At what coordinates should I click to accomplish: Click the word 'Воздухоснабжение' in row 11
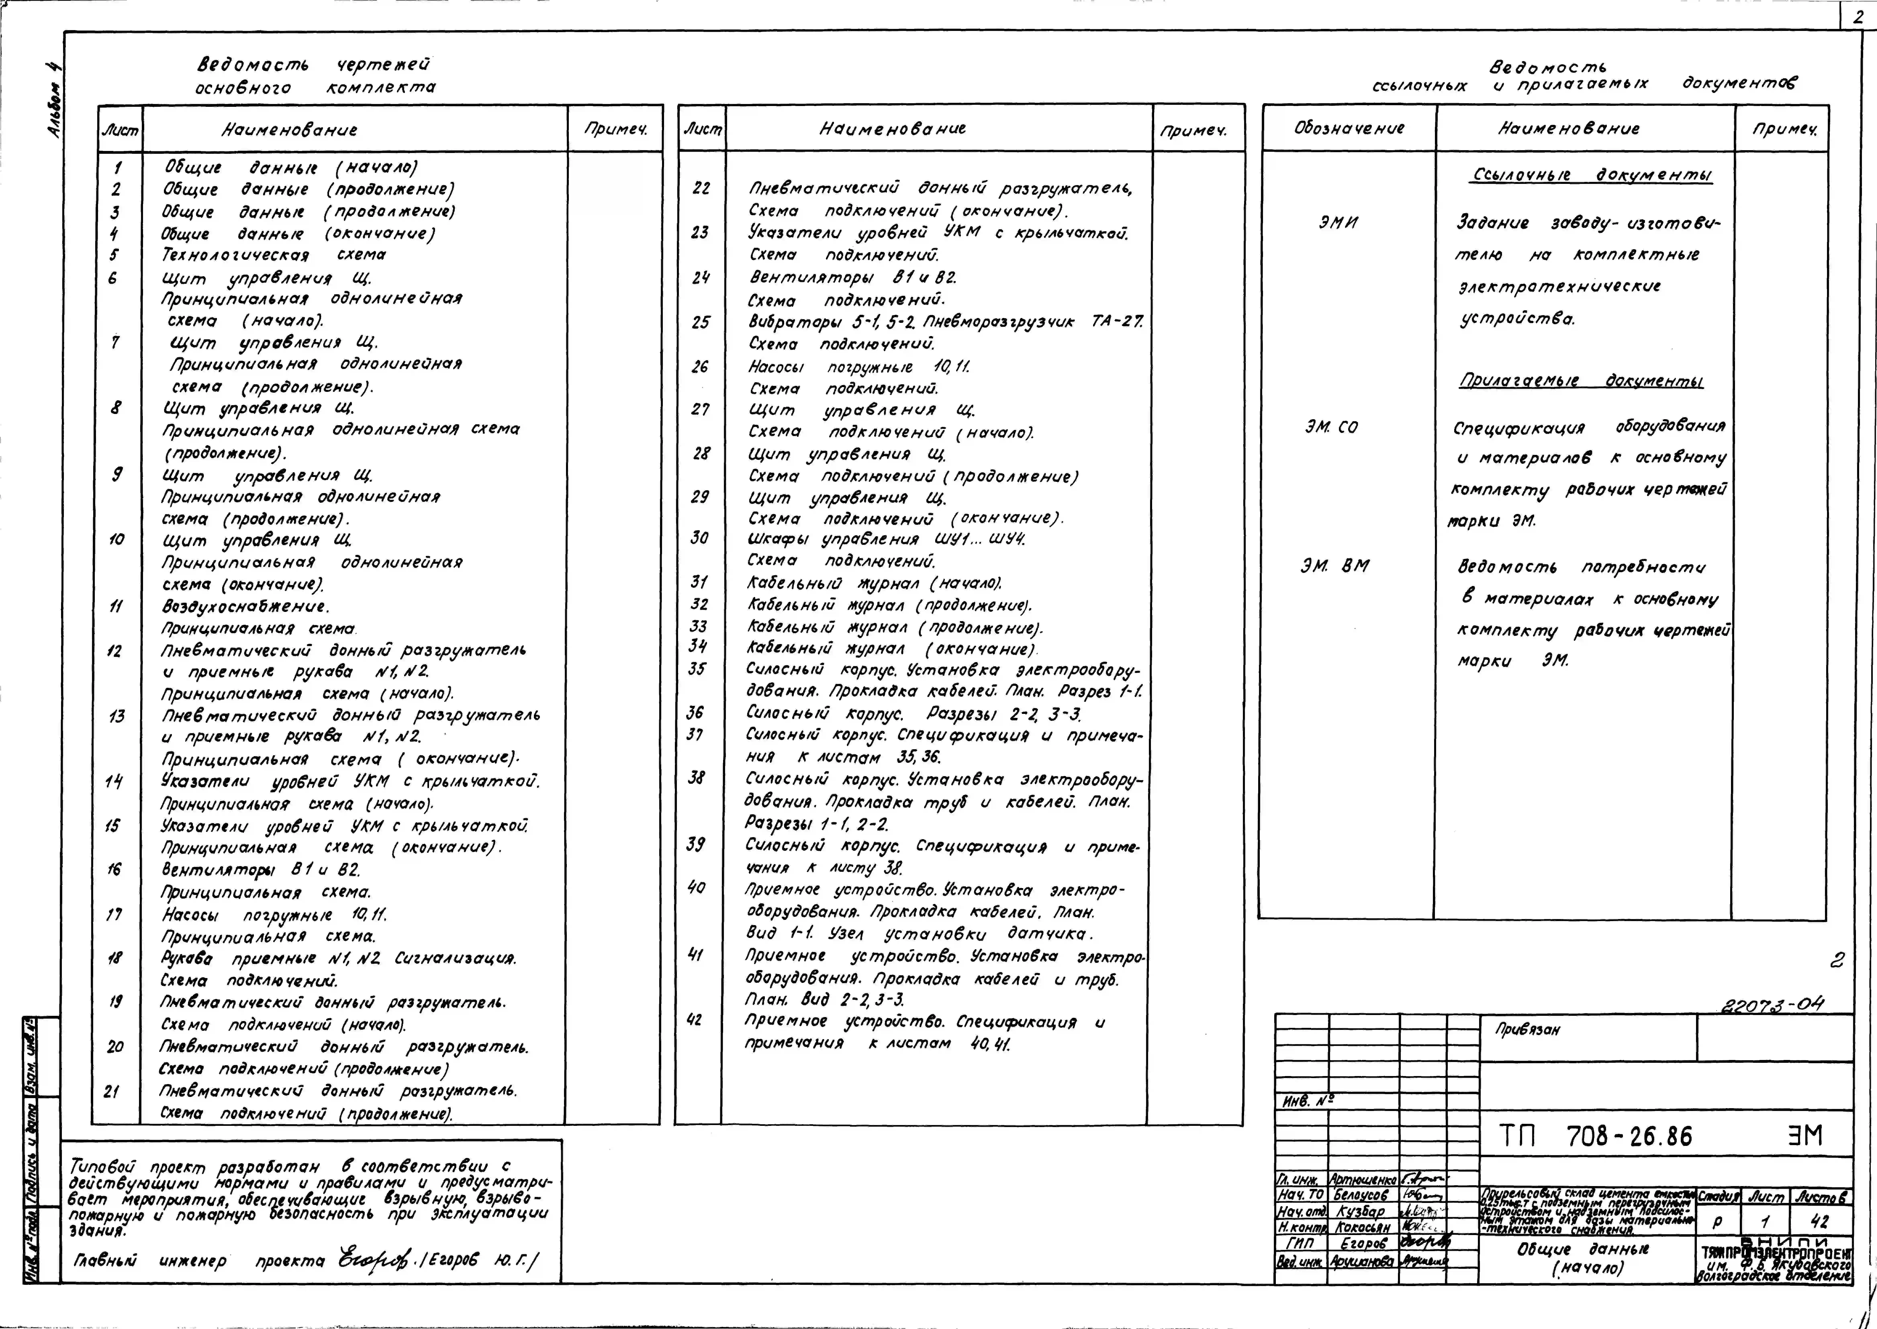pos(246,606)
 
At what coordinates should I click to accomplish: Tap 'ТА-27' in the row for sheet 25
pos(1117,322)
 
